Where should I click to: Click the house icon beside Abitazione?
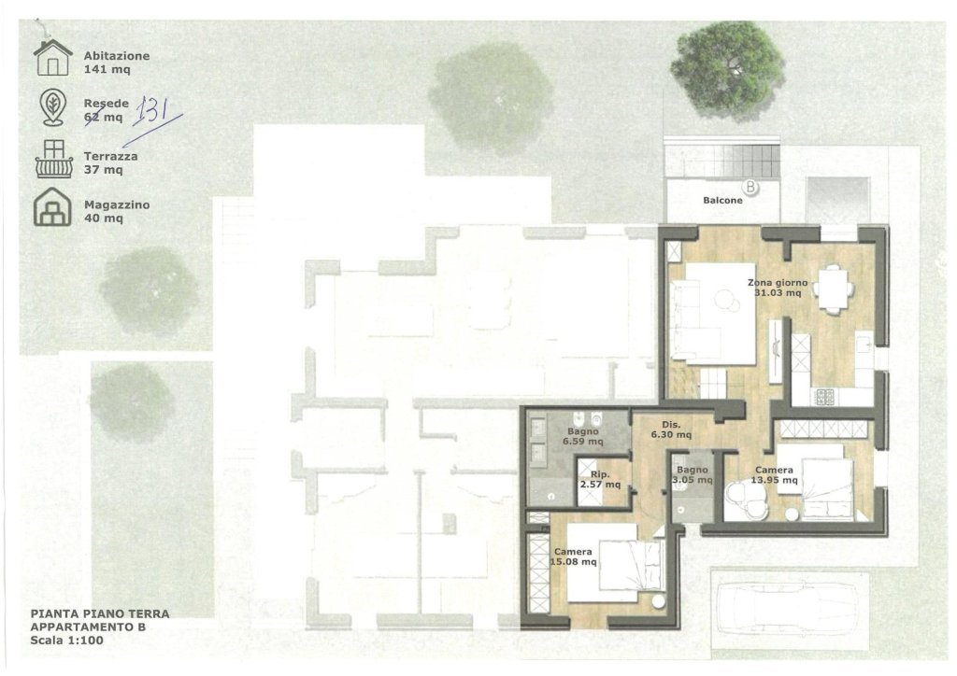point(53,58)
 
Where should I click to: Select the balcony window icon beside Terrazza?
point(53,159)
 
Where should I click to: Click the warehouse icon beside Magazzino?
point(52,206)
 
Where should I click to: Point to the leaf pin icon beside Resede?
point(52,107)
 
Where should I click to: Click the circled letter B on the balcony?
point(750,187)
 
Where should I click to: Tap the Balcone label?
point(722,200)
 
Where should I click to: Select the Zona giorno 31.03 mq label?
point(778,288)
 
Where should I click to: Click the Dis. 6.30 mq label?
point(671,430)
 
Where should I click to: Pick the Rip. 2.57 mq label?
point(600,479)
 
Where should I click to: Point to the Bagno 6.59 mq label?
point(583,436)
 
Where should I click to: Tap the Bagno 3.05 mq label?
point(693,475)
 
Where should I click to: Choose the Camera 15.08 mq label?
point(574,557)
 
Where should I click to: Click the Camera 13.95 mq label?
point(775,475)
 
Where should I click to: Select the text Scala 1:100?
point(67,640)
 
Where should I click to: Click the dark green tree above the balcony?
point(727,66)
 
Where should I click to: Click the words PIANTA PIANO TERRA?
point(100,613)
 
